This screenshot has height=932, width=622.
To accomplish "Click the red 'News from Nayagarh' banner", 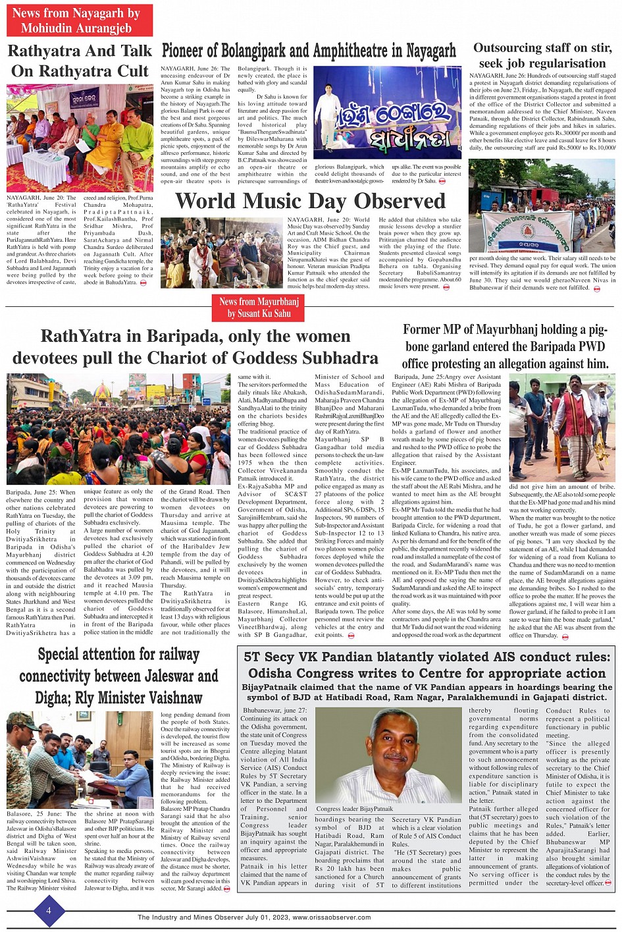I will (79, 20).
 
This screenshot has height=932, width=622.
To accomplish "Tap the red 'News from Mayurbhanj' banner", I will (259, 308).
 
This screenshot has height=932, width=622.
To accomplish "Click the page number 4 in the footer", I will (48, 912).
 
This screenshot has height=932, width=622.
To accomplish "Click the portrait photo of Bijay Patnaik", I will (388, 755).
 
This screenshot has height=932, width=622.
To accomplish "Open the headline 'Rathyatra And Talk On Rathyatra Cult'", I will (79, 61).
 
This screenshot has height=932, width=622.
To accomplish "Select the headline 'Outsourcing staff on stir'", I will (542, 55).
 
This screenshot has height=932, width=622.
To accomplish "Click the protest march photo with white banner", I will (542, 206).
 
